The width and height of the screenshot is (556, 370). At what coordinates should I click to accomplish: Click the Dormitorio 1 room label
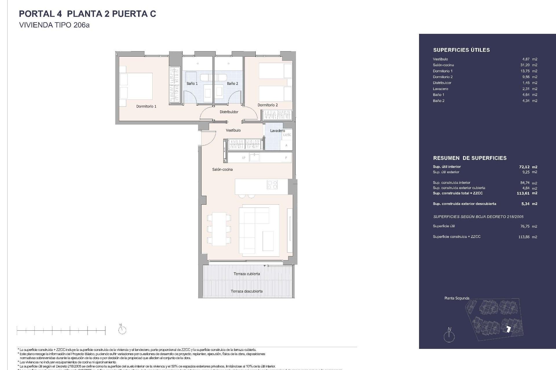146,106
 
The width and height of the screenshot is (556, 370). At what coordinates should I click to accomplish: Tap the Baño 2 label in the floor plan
233,84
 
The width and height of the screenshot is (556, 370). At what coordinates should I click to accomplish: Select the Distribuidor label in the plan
229,112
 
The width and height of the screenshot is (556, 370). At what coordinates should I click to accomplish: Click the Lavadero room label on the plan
277,131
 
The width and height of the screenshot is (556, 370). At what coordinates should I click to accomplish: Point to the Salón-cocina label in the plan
222,169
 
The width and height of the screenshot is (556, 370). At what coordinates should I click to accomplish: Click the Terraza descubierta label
247,291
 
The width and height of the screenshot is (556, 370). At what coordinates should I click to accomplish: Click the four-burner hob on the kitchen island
272,185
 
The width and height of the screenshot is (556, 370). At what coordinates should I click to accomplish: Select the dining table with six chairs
219,229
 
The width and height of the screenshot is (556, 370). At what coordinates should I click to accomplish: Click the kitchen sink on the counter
255,158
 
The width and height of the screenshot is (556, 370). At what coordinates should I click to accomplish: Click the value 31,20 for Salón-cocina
525,65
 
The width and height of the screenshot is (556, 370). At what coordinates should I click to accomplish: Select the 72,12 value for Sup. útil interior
524,167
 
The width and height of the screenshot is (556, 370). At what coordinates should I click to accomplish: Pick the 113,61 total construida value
523,193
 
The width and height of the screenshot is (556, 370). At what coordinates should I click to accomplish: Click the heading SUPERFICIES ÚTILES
461,50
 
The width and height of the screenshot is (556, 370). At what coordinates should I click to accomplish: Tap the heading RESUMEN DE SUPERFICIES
470,158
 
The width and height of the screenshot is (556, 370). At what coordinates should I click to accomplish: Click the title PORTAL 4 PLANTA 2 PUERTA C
87,14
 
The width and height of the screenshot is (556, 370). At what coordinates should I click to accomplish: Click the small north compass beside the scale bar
122,330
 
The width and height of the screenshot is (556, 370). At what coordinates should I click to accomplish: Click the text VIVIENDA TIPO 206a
54,25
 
